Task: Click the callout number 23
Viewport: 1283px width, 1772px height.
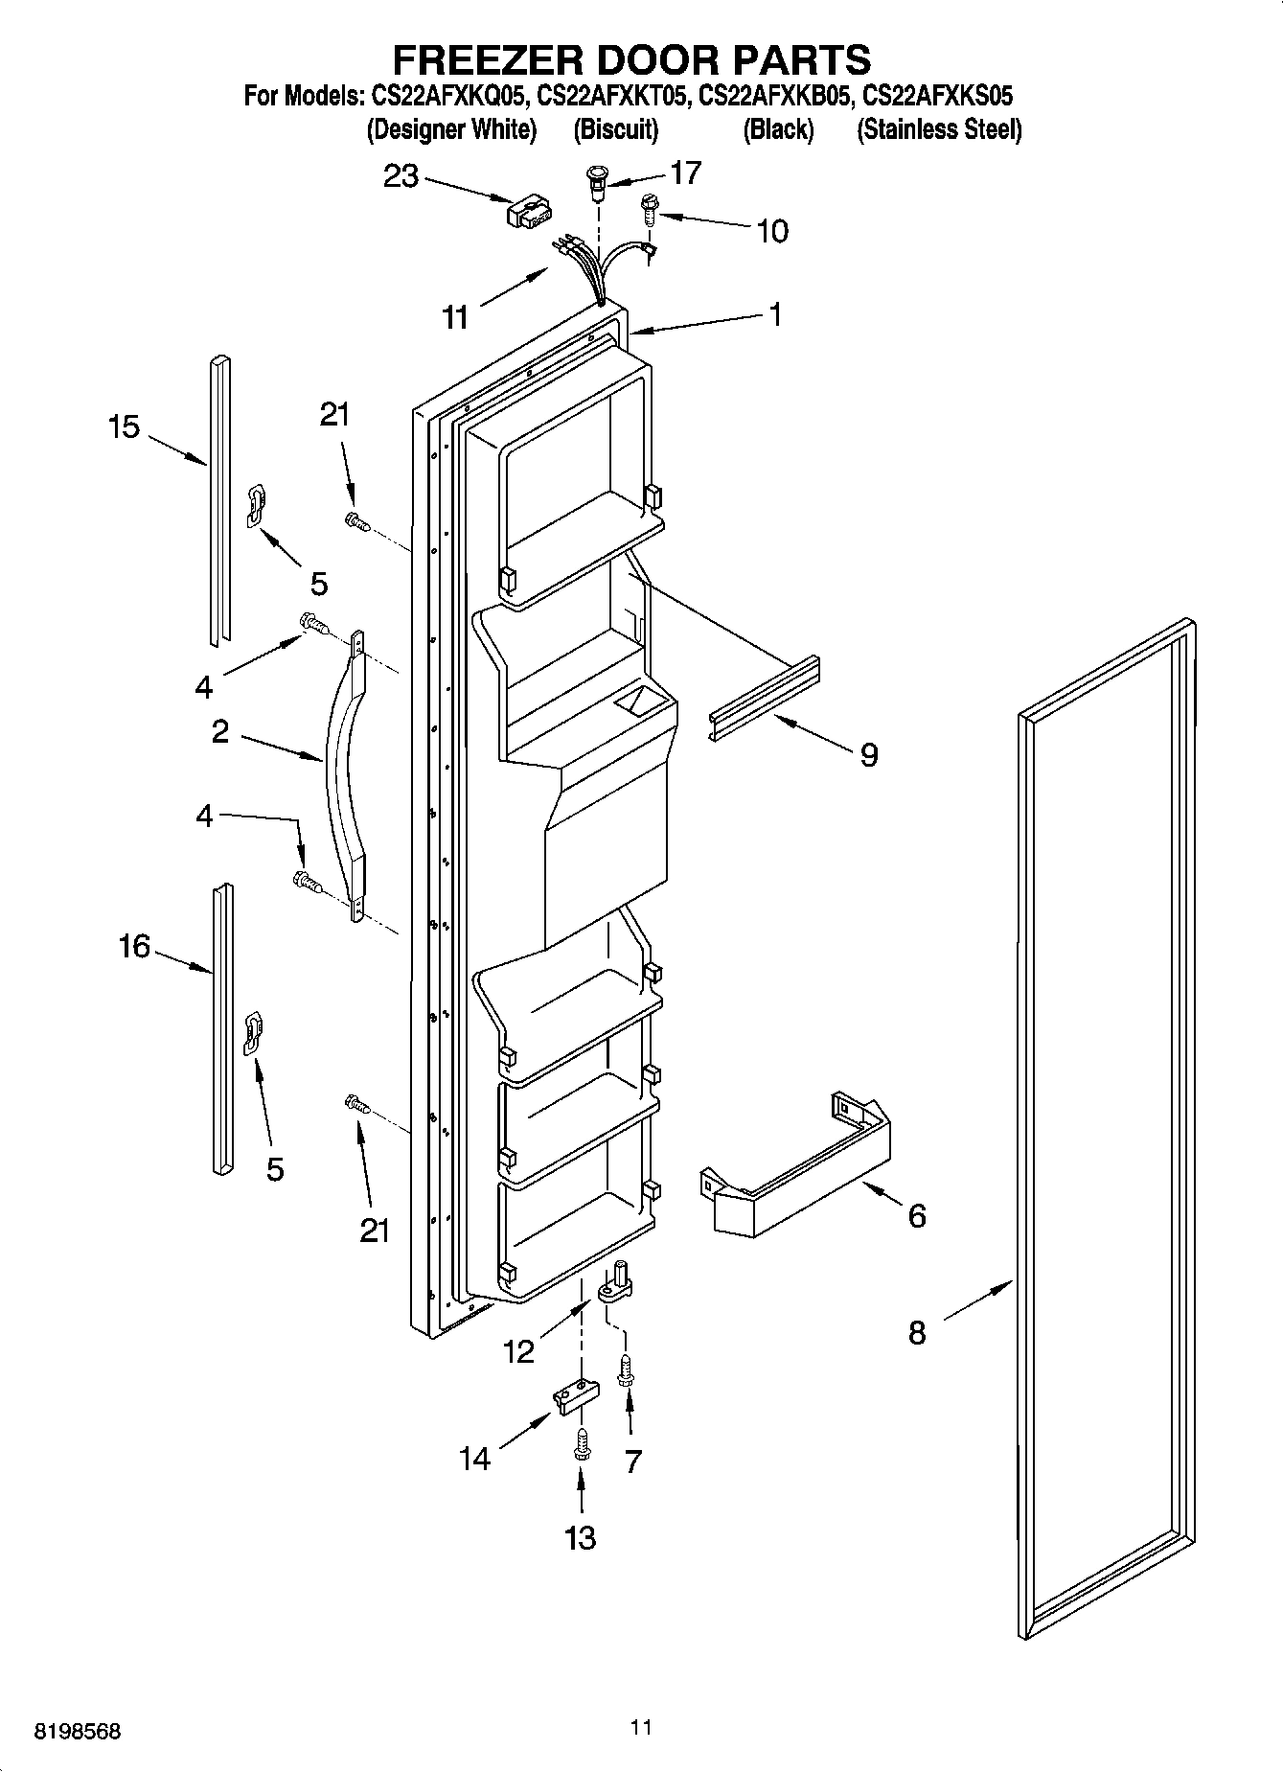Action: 401,176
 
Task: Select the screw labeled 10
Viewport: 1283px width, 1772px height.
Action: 649,208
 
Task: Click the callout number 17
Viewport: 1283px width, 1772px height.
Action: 685,173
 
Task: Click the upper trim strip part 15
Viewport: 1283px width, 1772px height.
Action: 219,498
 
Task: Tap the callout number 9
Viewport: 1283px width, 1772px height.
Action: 868,755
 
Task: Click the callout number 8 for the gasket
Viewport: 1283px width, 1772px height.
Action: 917,1332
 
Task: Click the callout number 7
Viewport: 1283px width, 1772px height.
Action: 632,1461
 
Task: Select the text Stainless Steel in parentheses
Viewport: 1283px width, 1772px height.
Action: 939,129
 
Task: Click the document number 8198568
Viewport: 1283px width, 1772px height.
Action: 78,1732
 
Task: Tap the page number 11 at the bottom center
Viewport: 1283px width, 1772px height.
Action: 641,1727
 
